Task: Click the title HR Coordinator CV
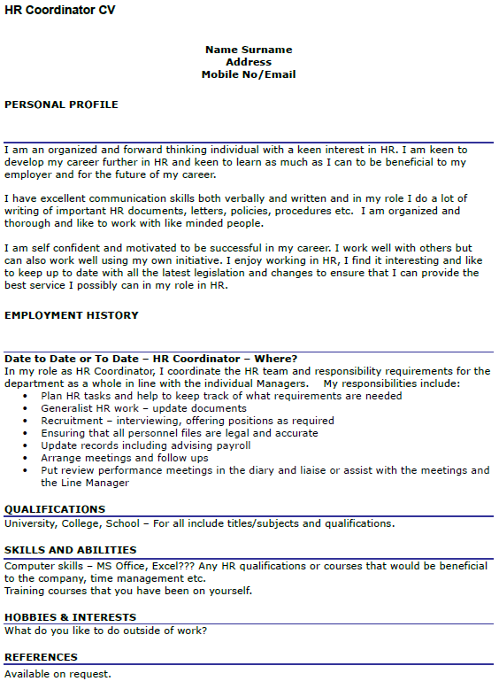(59, 10)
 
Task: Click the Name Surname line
(249, 50)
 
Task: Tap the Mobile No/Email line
(249, 74)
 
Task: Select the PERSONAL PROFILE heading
(61, 105)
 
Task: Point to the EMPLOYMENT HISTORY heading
(72, 315)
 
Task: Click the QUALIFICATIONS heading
(55, 509)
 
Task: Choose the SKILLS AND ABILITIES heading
(71, 550)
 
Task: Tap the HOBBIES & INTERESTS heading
(71, 617)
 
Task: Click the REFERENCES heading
(41, 657)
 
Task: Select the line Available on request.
(58, 674)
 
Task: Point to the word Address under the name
(249, 62)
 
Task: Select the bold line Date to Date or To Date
(150, 358)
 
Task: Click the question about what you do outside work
(106, 631)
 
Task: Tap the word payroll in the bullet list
(233, 445)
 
